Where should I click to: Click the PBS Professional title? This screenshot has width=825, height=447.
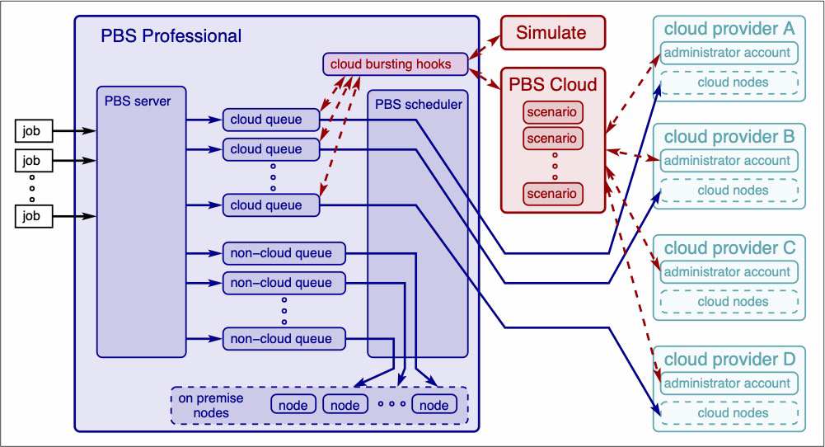[171, 36]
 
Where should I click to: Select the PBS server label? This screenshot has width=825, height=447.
[138, 101]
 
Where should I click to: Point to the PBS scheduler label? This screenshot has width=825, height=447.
[419, 105]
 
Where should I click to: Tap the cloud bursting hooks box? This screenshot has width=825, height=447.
[396, 63]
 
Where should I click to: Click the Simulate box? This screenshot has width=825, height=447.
[551, 34]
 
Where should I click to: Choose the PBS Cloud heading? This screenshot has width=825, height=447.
[552, 85]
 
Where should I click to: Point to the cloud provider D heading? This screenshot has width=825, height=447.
[729, 359]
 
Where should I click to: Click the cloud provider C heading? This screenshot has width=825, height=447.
[729, 247]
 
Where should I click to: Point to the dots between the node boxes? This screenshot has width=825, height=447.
[391, 404]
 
